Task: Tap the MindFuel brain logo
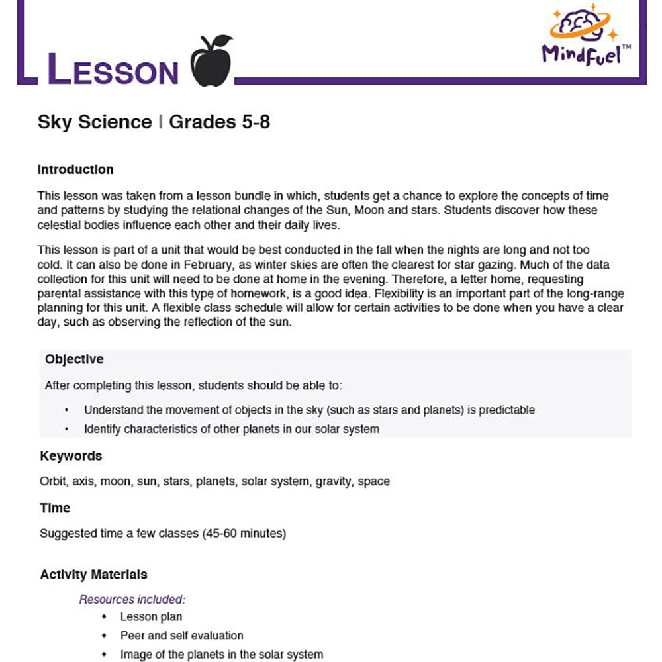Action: point(581,26)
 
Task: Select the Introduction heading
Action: point(75,169)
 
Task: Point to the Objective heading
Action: point(74,359)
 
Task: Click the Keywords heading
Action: point(71,456)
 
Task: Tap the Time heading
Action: point(55,508)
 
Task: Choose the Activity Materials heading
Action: point(93,574)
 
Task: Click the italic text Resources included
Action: point(132,600)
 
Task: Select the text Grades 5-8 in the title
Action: point(220,122)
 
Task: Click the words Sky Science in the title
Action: point(95,122)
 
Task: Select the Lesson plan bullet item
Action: point(151,617)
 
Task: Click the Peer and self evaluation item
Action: point(181,636)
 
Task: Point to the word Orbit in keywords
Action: point(52,481)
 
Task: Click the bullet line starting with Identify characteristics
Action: point(231,429)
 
